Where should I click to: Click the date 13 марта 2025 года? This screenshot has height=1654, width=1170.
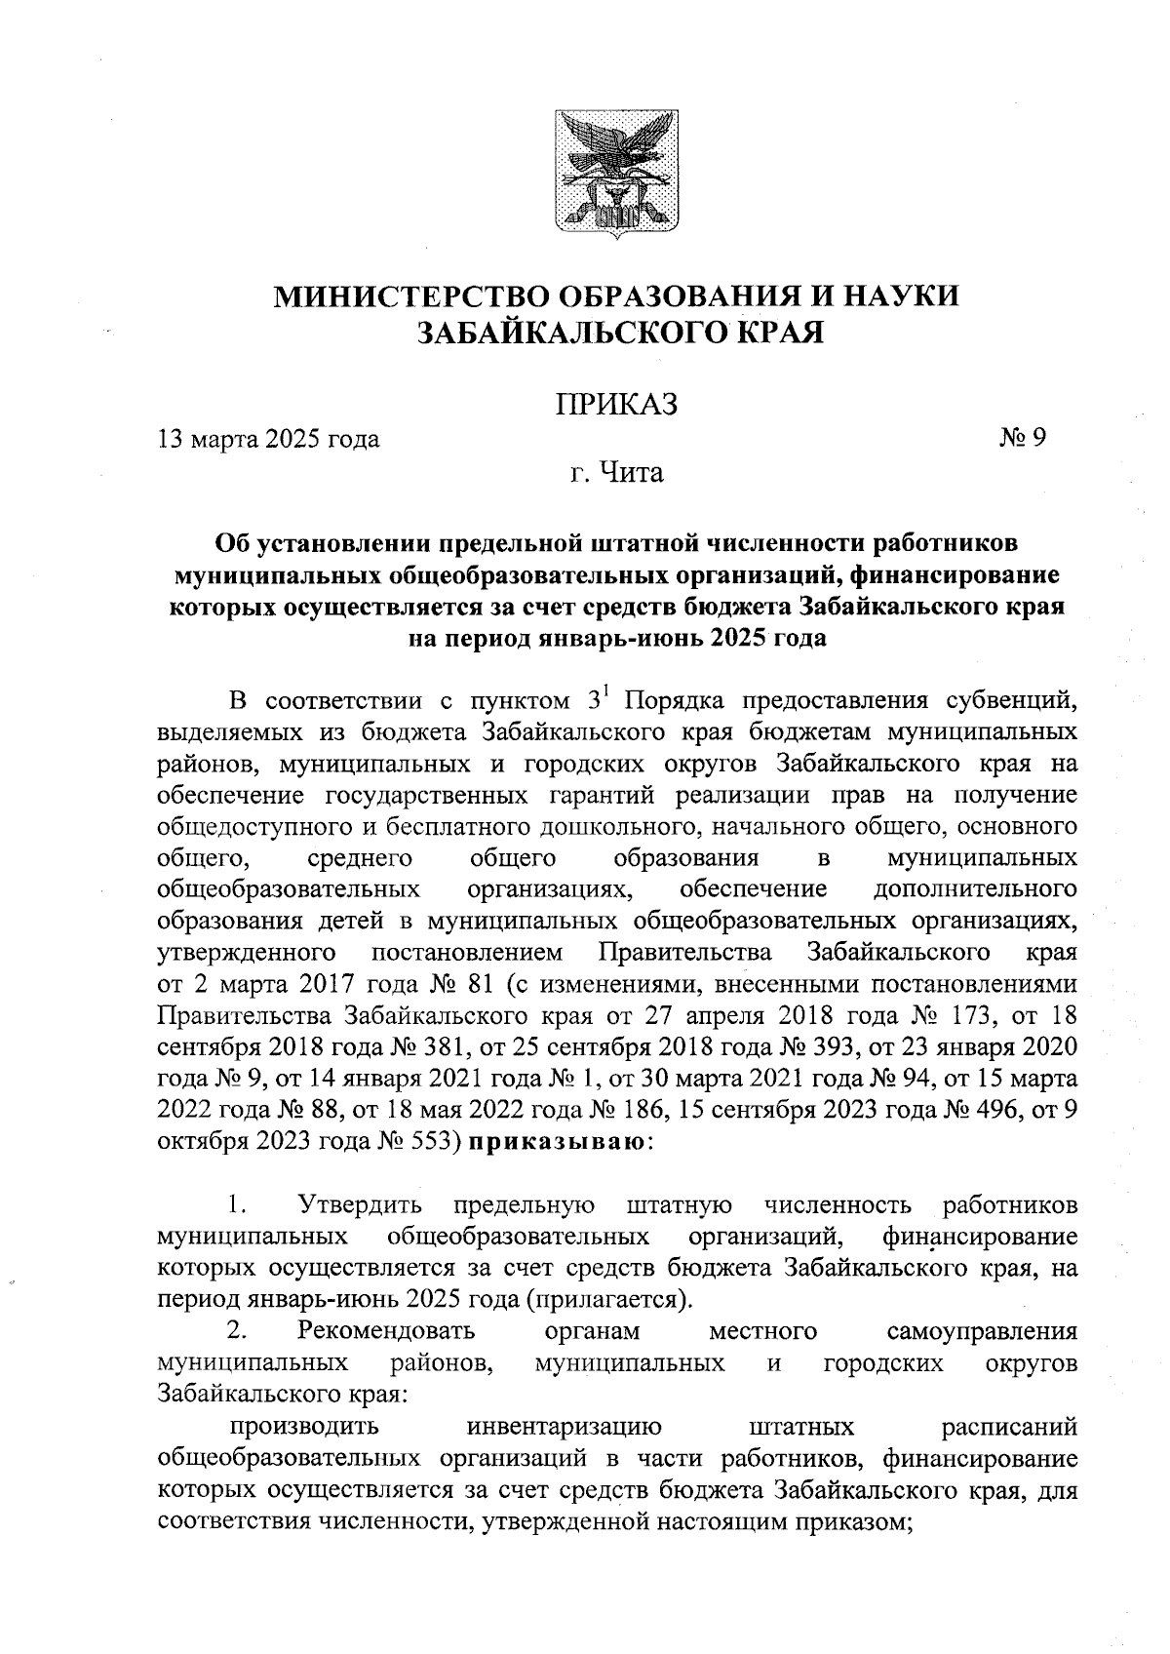coord(268,439)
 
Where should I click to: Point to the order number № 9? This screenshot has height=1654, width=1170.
coord(1022,439)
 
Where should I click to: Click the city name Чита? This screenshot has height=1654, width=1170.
coord(631,474)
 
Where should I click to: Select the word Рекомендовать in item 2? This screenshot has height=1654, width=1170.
coord(387,1331)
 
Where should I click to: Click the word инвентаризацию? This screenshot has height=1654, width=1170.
coord(565,1427)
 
